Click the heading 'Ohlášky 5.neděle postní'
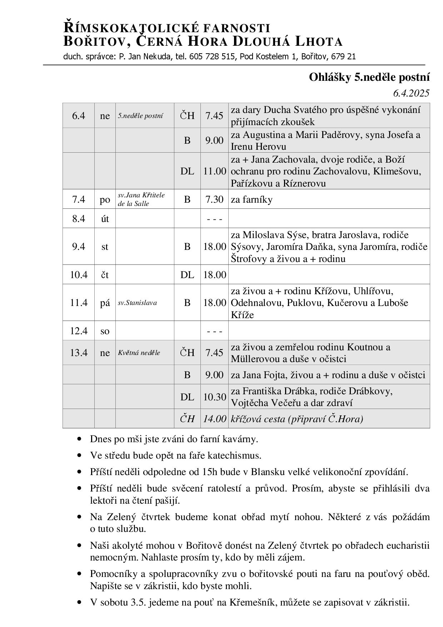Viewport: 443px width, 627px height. pos(369,77)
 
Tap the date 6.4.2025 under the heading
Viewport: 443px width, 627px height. pos(411,93)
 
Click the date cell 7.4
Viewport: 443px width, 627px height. pos(79,199)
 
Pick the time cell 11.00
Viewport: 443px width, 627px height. pos(214,171)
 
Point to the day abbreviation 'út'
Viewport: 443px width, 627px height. pos(105,218)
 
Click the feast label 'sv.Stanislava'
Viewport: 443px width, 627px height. pos(137,303)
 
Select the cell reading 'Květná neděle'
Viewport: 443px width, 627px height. pos(139,353)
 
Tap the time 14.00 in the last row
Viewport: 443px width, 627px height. pos(214,419)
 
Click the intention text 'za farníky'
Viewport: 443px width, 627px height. pos(252,199)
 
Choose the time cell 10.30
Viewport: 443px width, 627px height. pos(214,397)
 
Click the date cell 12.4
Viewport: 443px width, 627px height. pos(79,331)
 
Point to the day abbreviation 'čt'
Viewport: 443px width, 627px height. pos(105,275)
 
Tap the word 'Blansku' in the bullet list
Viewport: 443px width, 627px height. pos(268,472)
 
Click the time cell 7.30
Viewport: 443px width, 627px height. pos(214,199)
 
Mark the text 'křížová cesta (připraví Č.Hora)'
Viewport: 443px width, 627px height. pos(297,419)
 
